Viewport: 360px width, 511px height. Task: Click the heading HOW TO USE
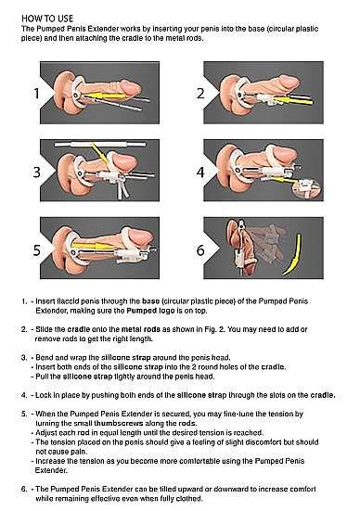(47, 19)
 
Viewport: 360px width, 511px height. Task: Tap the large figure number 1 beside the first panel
(36, 94)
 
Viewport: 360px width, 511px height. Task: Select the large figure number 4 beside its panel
(200, 172)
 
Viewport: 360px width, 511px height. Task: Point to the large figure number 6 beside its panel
(200, 250)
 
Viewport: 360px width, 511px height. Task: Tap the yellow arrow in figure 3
(99, 153)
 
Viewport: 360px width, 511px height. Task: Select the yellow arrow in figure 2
(292, 100)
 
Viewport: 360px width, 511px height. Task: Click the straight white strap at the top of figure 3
(100, 145)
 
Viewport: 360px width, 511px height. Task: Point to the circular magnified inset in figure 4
(307, 188)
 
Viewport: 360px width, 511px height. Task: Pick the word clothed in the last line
(189, 498)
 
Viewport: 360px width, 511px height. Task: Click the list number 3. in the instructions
(24, 357)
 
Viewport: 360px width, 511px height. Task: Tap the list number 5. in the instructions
(24, 414)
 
